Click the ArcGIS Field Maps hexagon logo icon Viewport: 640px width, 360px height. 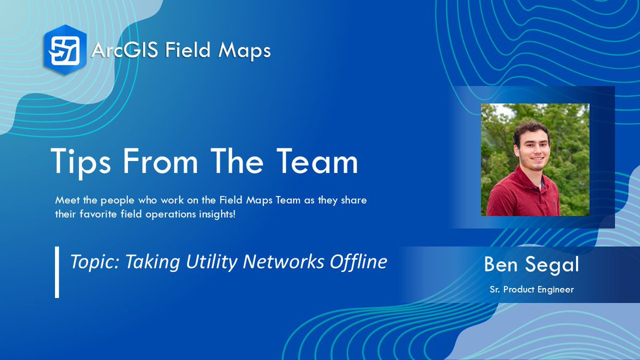coord(65,50)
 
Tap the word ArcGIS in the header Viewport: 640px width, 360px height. coord(125,50)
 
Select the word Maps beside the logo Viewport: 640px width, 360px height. coord(244,51)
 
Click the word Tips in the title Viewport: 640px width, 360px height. coord(81,162)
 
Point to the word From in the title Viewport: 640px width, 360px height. coord(161,161)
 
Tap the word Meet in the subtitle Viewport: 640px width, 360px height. coord(67,200)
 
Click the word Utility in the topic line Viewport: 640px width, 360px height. coord(212,262)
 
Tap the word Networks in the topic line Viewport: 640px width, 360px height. coord(283,261)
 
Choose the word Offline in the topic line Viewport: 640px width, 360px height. coord(358,261)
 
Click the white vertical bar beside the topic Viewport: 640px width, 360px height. coord(57,273)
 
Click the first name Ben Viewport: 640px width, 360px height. coord(501,265)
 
